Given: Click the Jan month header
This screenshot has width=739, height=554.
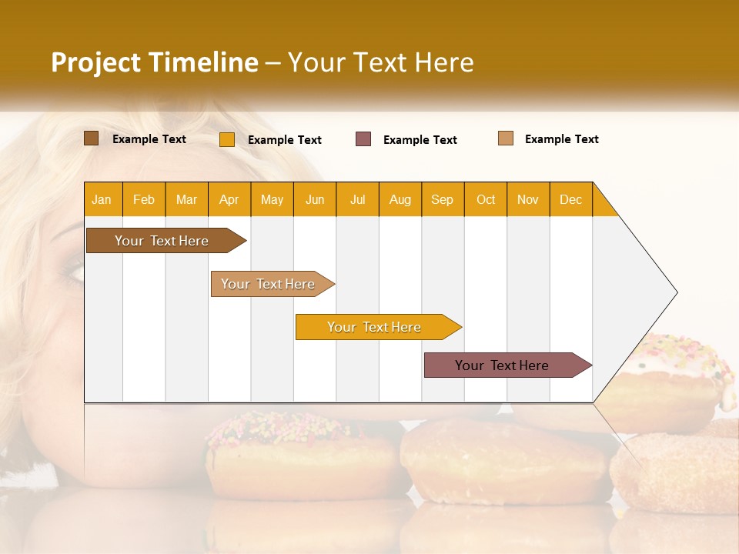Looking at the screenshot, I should pyautogui.click(x=102, y=199).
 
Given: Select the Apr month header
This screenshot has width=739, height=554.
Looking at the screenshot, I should pyautogui.click(x=229, y=199).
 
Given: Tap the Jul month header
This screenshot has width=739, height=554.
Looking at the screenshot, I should pyautogui.click(x=357, y=199).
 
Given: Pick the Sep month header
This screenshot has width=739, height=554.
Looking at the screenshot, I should pyautogui.click(x=442, y=199).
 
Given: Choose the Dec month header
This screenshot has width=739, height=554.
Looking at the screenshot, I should pyautogui.click(x=570, y=199).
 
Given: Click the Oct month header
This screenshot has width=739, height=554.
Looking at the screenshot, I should pyautogui.click(x=486, y=199).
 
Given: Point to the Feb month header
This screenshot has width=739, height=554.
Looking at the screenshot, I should pyautogui.click(x=144, y=199).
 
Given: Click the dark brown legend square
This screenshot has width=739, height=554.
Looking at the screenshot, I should pyautogui.click(x=91, y=138).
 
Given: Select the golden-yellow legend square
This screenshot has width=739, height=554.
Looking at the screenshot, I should pyautogui.click(x=227, y=139).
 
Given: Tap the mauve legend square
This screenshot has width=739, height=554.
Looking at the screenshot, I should pyautogui.click(x=363, y=139).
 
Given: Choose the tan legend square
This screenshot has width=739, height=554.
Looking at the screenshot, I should pyautogui.click(x=506, y=138).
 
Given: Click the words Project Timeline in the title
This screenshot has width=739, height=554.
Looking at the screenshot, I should pyautogui.click(x=154, y=62).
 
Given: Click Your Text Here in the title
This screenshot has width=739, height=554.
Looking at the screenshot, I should pyautogui.click(x=380, y=62).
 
